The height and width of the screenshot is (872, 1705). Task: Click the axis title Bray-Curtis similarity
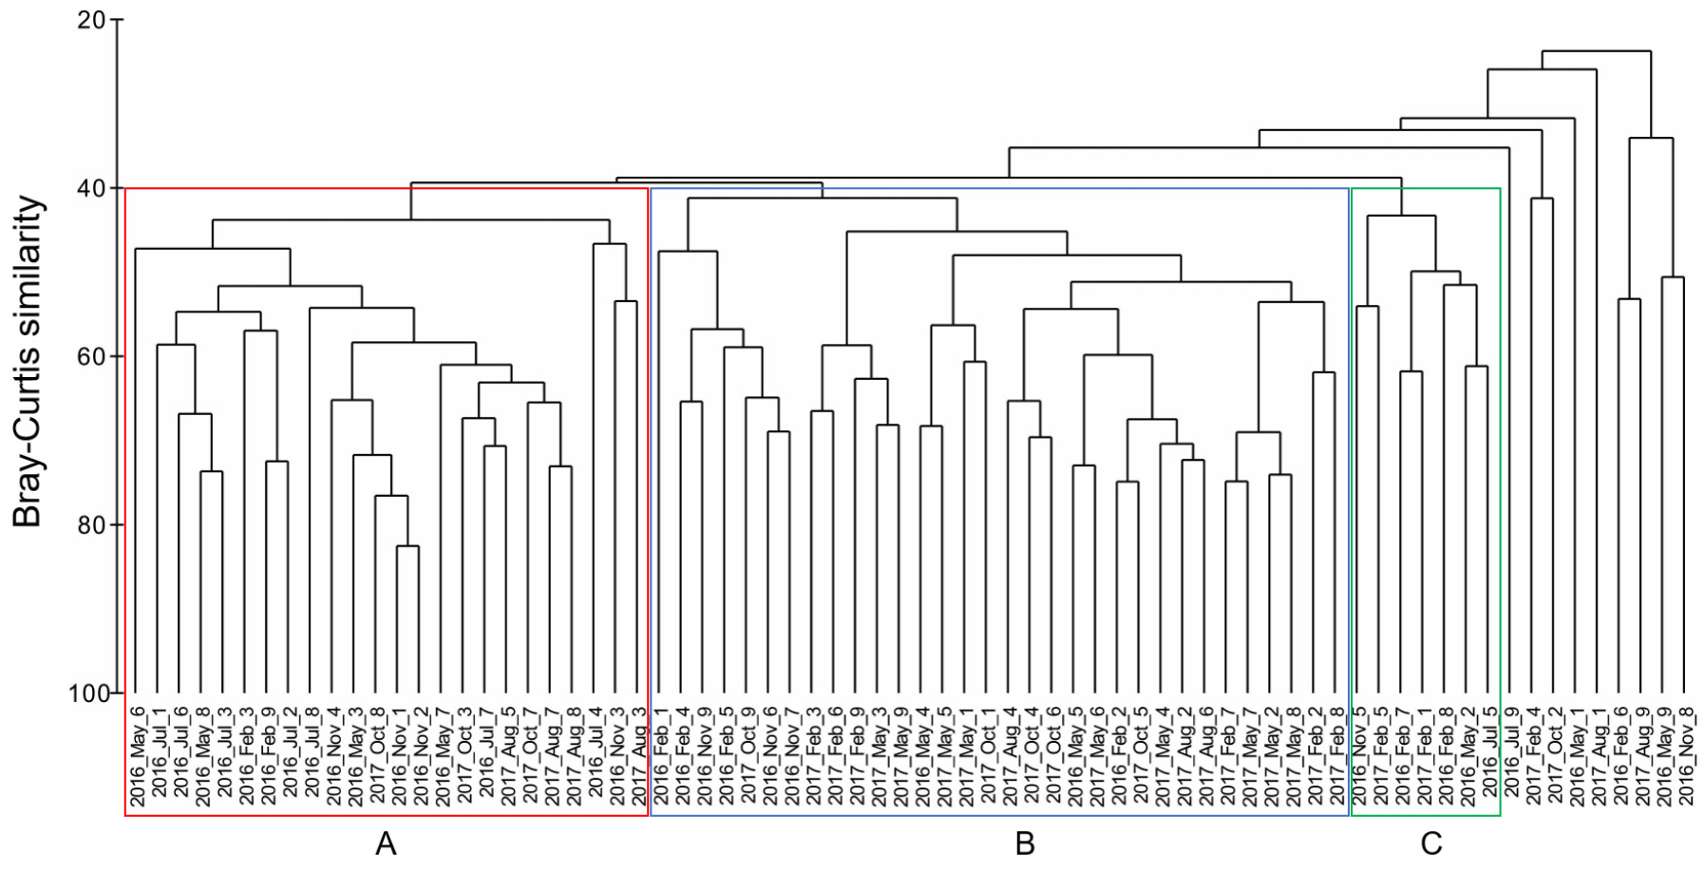point(28,361)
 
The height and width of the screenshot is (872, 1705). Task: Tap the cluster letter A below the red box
point(385,843)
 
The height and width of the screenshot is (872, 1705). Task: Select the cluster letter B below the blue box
point(1025,843)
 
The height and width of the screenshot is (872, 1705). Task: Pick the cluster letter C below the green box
point(1430,843)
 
